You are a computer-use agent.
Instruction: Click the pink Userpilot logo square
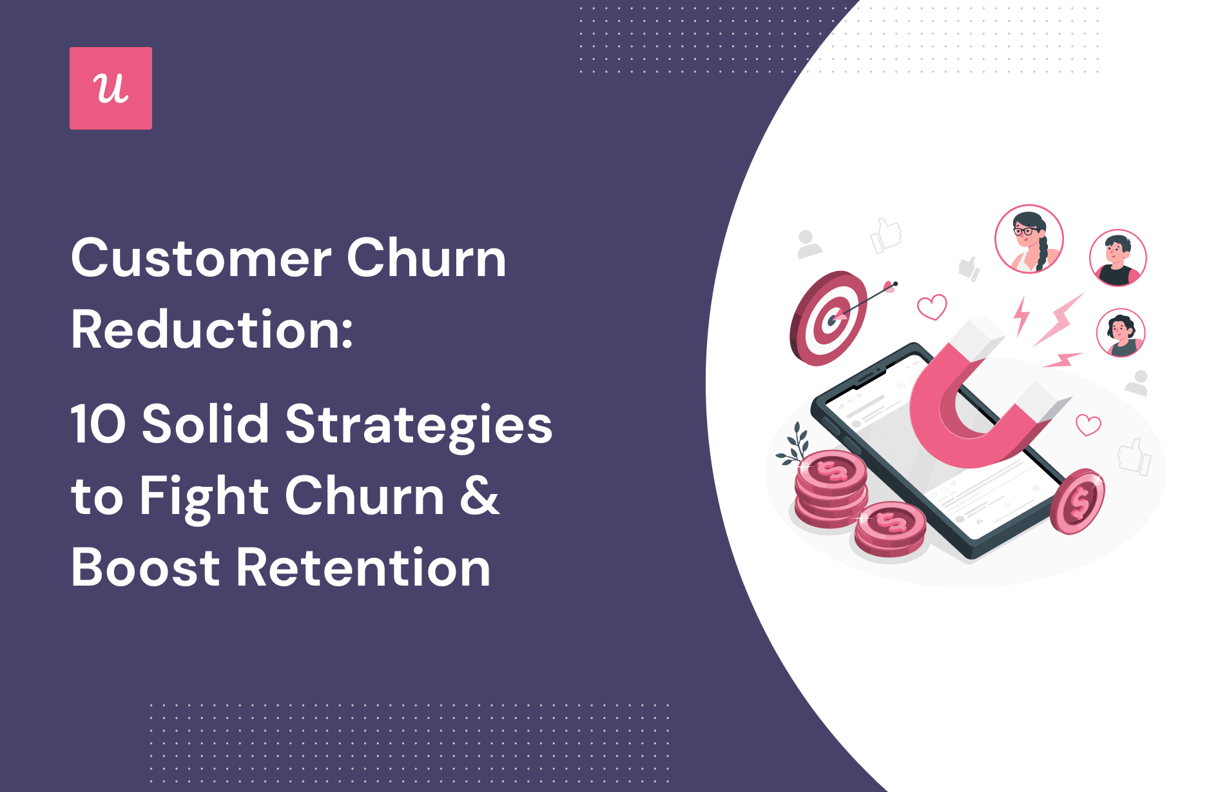click(111, 88)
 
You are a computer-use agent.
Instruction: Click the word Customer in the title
click(202, 258)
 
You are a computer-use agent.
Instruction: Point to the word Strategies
click(419, 426)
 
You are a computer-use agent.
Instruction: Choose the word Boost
click(146, 568)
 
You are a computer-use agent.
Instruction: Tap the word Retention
click(363, 568)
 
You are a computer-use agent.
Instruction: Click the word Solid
click(205, 424)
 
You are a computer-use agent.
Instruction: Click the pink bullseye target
click(828, 318)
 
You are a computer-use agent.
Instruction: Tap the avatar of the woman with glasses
click(1029, 239)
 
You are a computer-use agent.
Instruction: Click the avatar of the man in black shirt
click(1117, 258)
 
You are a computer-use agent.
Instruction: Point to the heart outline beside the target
click(932, 307)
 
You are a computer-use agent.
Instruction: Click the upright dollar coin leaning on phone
click(1078, 501)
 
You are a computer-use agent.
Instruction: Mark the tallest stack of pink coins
click(830, 489)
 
